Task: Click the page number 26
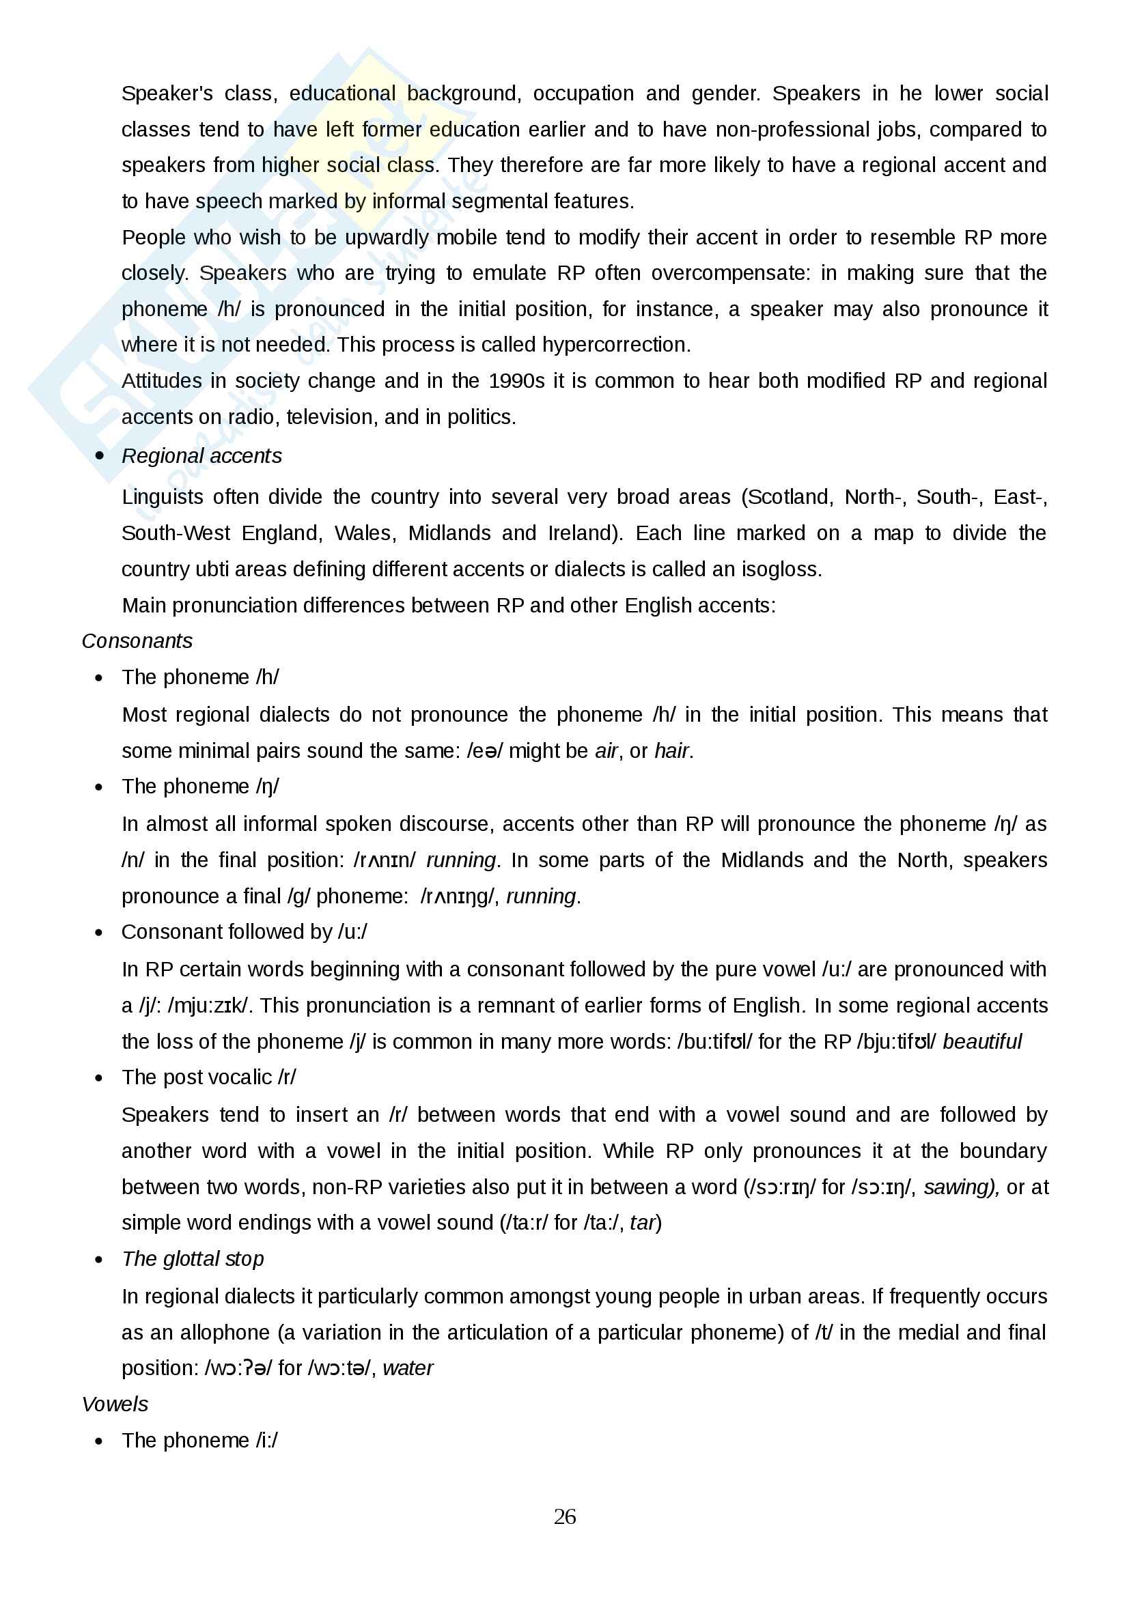click(x=564, y=1516)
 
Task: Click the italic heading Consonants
click(x=137, y=640)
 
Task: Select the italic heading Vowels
click(x=115, y=1404)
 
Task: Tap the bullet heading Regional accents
click(x=201, y=455)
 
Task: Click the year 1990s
click(x=516, y=380)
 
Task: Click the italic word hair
click(x=672, y=750)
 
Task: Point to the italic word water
click(x=408, y=1368)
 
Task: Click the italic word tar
click(x=643, y=1223)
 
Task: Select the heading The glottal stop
click(x=193, y=1259)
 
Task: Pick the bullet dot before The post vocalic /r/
click(x=99, y=1078)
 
